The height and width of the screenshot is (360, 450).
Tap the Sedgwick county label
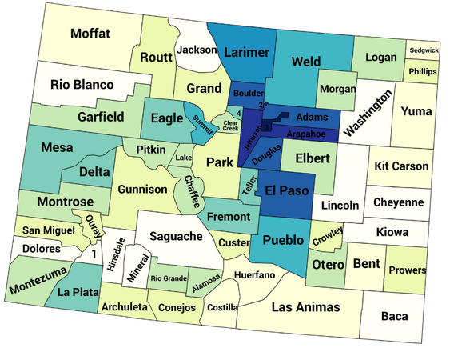point(423,50)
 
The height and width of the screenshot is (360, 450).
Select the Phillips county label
point(422,70)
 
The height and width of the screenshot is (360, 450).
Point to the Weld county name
point(305,61)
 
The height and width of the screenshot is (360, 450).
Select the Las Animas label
point(305,307)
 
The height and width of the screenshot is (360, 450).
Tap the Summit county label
point(200,125)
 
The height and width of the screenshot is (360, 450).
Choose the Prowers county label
point(407,270)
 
